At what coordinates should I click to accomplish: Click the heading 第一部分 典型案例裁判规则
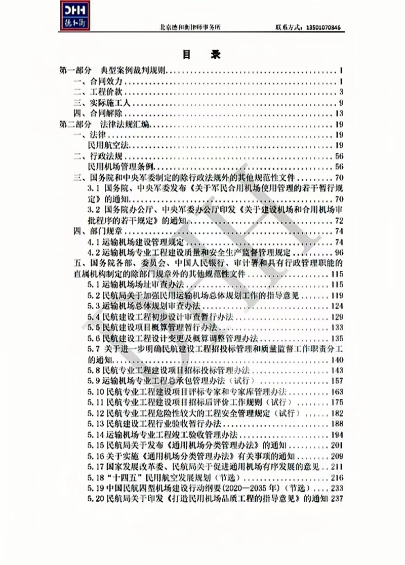[x=117, y=70]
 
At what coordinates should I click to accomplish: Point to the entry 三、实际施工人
[x=102, y=103]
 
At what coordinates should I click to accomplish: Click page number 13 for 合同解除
[x=339, y=113]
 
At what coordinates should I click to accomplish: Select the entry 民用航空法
[x=109, y=146]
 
